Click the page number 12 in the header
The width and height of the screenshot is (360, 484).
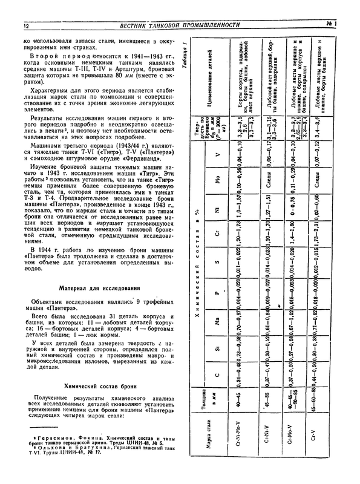(x=25, y=26)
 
